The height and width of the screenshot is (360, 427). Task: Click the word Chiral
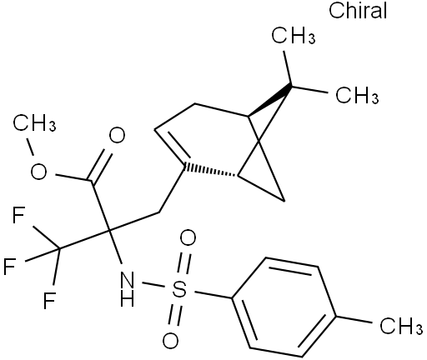pos(358,11)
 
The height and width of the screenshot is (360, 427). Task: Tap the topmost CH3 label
pos(294,36)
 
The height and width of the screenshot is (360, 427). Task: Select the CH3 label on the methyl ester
pos(34,123)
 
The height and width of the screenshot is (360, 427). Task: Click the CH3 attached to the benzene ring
pos(401,326)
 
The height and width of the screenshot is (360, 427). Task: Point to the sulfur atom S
pos(179,288)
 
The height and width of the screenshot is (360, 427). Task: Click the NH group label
pos(128,289)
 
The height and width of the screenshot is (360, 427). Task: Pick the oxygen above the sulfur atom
pos(188,237)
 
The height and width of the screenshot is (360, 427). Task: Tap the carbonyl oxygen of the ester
pos(117,135)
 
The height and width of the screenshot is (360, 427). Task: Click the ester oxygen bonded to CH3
pos(38,172)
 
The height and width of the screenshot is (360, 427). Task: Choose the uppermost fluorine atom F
pos(19,215)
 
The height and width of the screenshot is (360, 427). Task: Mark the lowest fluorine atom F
pos(49,300)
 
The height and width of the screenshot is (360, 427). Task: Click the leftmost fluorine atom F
pos(9,266)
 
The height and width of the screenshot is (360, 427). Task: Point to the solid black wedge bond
pos(269,100)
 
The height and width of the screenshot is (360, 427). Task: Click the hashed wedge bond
pos(211,171)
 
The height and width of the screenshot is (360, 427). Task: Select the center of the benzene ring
pos(284,307)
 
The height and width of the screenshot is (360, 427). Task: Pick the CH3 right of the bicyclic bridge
pos(357,95)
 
